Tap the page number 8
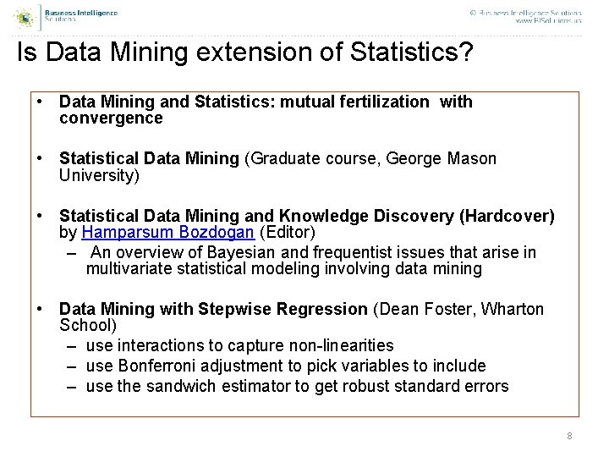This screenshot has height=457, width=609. pos(570,436)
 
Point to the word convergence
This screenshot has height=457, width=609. pos(111,118)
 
